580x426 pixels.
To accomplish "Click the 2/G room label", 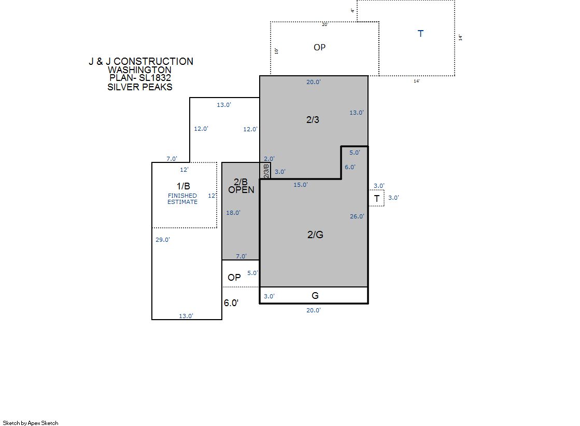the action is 315,235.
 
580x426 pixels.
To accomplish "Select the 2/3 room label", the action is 313,120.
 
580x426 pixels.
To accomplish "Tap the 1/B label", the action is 183,186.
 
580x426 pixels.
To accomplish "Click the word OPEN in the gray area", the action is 241,190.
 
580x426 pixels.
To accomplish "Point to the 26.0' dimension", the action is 357,216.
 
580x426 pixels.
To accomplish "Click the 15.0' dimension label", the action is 300,185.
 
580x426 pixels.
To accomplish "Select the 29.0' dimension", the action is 162,240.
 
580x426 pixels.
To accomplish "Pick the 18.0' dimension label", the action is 233,213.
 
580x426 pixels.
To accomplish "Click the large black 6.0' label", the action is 231,303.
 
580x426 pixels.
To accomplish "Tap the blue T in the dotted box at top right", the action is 420,34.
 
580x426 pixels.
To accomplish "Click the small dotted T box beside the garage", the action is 376,198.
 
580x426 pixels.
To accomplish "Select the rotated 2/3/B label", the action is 266,171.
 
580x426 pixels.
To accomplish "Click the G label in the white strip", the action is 315,295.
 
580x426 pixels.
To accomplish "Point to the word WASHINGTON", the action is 139,70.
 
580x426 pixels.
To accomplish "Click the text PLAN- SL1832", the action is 140,78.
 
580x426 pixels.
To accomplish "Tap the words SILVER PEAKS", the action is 140,87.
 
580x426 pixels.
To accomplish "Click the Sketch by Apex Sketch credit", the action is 31,423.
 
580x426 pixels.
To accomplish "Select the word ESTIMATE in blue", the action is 182,202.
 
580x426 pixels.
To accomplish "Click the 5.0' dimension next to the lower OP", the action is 252,273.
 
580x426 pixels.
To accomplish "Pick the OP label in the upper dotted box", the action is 320,47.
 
